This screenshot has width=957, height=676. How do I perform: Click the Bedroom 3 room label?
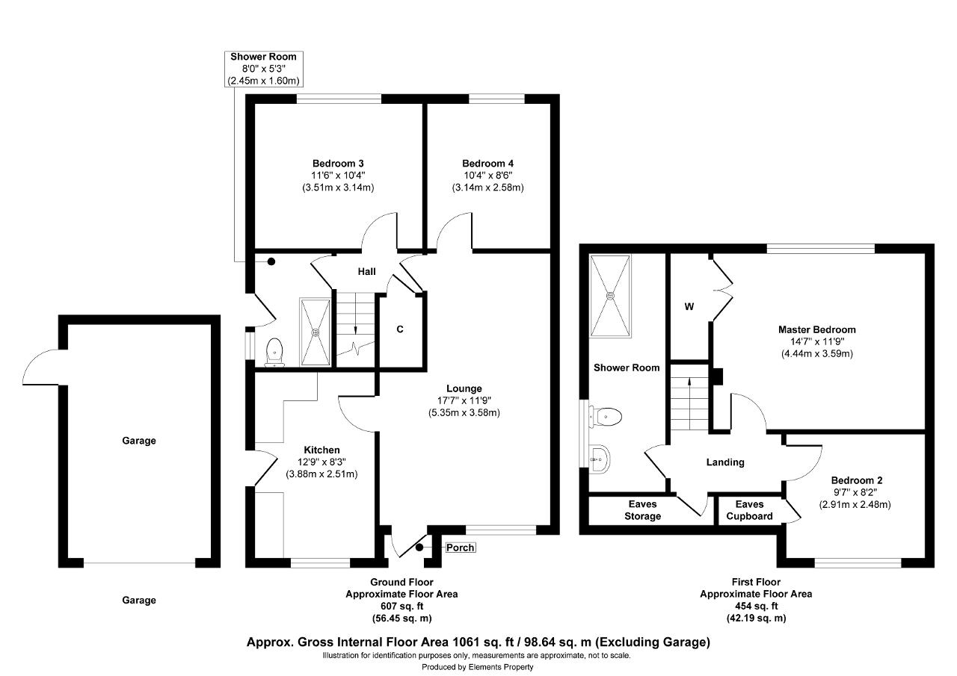pos(338,164)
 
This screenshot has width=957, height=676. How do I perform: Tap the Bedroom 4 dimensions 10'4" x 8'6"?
pos(488,176)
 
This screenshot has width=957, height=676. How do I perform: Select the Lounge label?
pos(464,388)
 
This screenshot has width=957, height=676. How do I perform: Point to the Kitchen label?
pos(321,450)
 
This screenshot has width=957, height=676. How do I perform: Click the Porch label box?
pos(460,548)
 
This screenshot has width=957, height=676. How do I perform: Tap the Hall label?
pos(366,271)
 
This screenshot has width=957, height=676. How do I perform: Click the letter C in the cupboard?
pos(400,329)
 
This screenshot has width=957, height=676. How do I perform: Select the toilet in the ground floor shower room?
pos(274,353)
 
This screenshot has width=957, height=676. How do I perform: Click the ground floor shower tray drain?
pos(316,332)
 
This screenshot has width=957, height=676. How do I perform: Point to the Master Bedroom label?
pos(817,329)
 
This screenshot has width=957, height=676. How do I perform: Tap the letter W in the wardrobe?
pos(689,306)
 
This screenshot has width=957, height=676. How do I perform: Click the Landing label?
pos(725,462)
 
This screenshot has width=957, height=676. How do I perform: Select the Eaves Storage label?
pos(642,510)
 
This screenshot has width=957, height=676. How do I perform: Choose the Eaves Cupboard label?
pos(749,510)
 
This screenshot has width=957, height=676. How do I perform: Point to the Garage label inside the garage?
pos(139,441)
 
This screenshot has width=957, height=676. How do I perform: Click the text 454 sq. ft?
pos(756,606)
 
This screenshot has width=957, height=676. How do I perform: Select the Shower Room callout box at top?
pos(264,69)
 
